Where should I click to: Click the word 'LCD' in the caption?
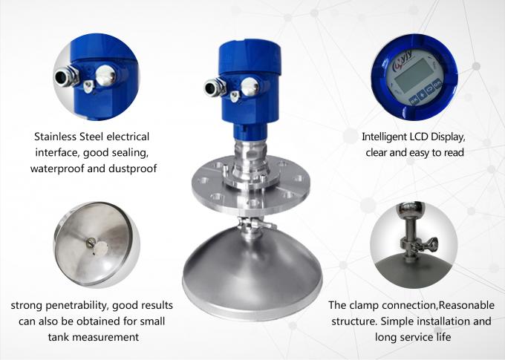click(x=429, y=137)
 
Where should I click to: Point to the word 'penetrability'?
click(x=76, y=305)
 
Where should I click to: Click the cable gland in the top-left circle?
click(x=65, y=77)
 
